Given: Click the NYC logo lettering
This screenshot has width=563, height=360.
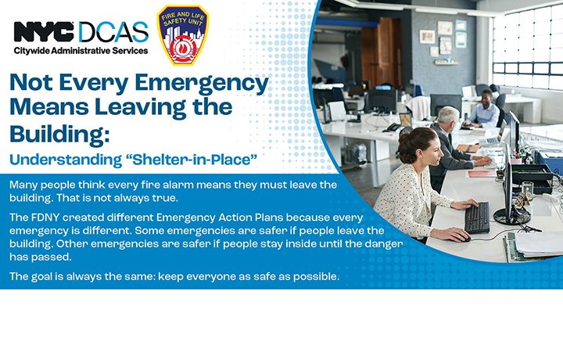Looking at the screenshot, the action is point(44,32).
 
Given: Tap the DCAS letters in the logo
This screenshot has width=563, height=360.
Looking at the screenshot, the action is point(113,32).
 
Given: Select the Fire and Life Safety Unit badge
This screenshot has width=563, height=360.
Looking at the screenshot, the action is point(183,35).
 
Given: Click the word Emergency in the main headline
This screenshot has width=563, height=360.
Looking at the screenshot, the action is point(202,84).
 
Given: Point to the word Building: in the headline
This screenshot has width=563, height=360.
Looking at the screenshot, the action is point(59,135).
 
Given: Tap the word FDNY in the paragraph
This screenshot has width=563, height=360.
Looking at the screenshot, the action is point(47,218).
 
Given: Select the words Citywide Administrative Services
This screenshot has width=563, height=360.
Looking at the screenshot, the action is point(81,51).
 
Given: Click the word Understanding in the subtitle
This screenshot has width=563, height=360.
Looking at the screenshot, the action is point(66,160).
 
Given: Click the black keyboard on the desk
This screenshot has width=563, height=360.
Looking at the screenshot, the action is point(477,218).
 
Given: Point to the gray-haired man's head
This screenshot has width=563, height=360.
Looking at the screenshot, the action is point(448,117).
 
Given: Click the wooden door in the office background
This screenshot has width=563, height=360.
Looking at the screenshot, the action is point(382,52).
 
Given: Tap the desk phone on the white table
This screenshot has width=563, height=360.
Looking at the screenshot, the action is point(395,128).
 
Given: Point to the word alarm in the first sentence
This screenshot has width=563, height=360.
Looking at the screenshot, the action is point(178,185).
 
